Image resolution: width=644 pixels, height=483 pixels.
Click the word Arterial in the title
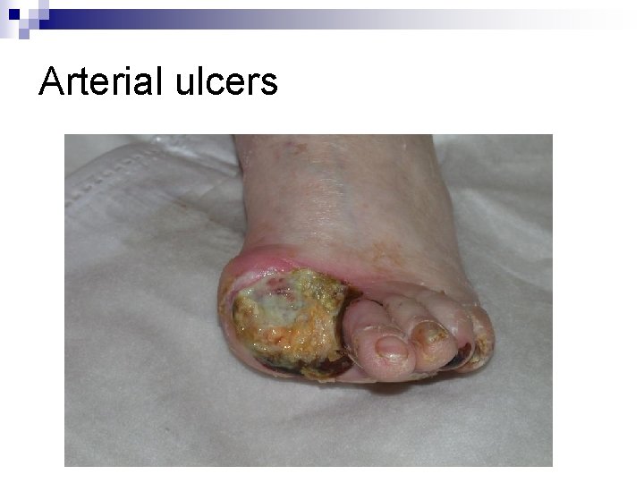point(101,83)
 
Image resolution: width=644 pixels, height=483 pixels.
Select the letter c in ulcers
point(220,87)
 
